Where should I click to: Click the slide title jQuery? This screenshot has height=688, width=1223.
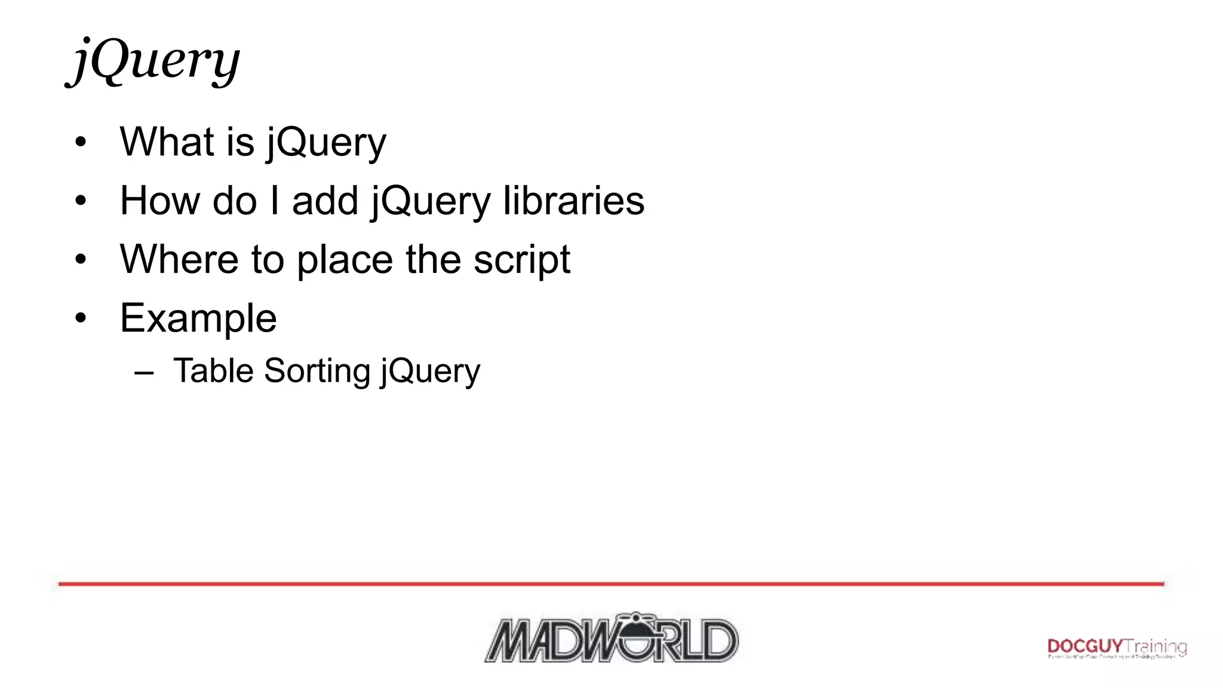(155, 61)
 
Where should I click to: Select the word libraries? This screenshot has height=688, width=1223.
(573, 201)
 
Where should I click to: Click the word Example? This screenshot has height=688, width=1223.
(198, 318)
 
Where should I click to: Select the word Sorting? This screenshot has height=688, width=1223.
(317, 371)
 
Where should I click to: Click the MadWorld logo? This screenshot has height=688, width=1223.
(611, 638)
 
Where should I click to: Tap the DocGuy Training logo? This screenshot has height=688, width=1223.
(1117, 647)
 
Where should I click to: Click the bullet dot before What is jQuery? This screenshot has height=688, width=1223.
(81, 143)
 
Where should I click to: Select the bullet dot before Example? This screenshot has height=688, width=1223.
(81, 319)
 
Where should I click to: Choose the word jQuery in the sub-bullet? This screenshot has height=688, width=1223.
(430, 371)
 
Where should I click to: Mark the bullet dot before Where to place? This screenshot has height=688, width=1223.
(81, 260)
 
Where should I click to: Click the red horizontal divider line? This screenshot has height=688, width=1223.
(611, 583)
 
